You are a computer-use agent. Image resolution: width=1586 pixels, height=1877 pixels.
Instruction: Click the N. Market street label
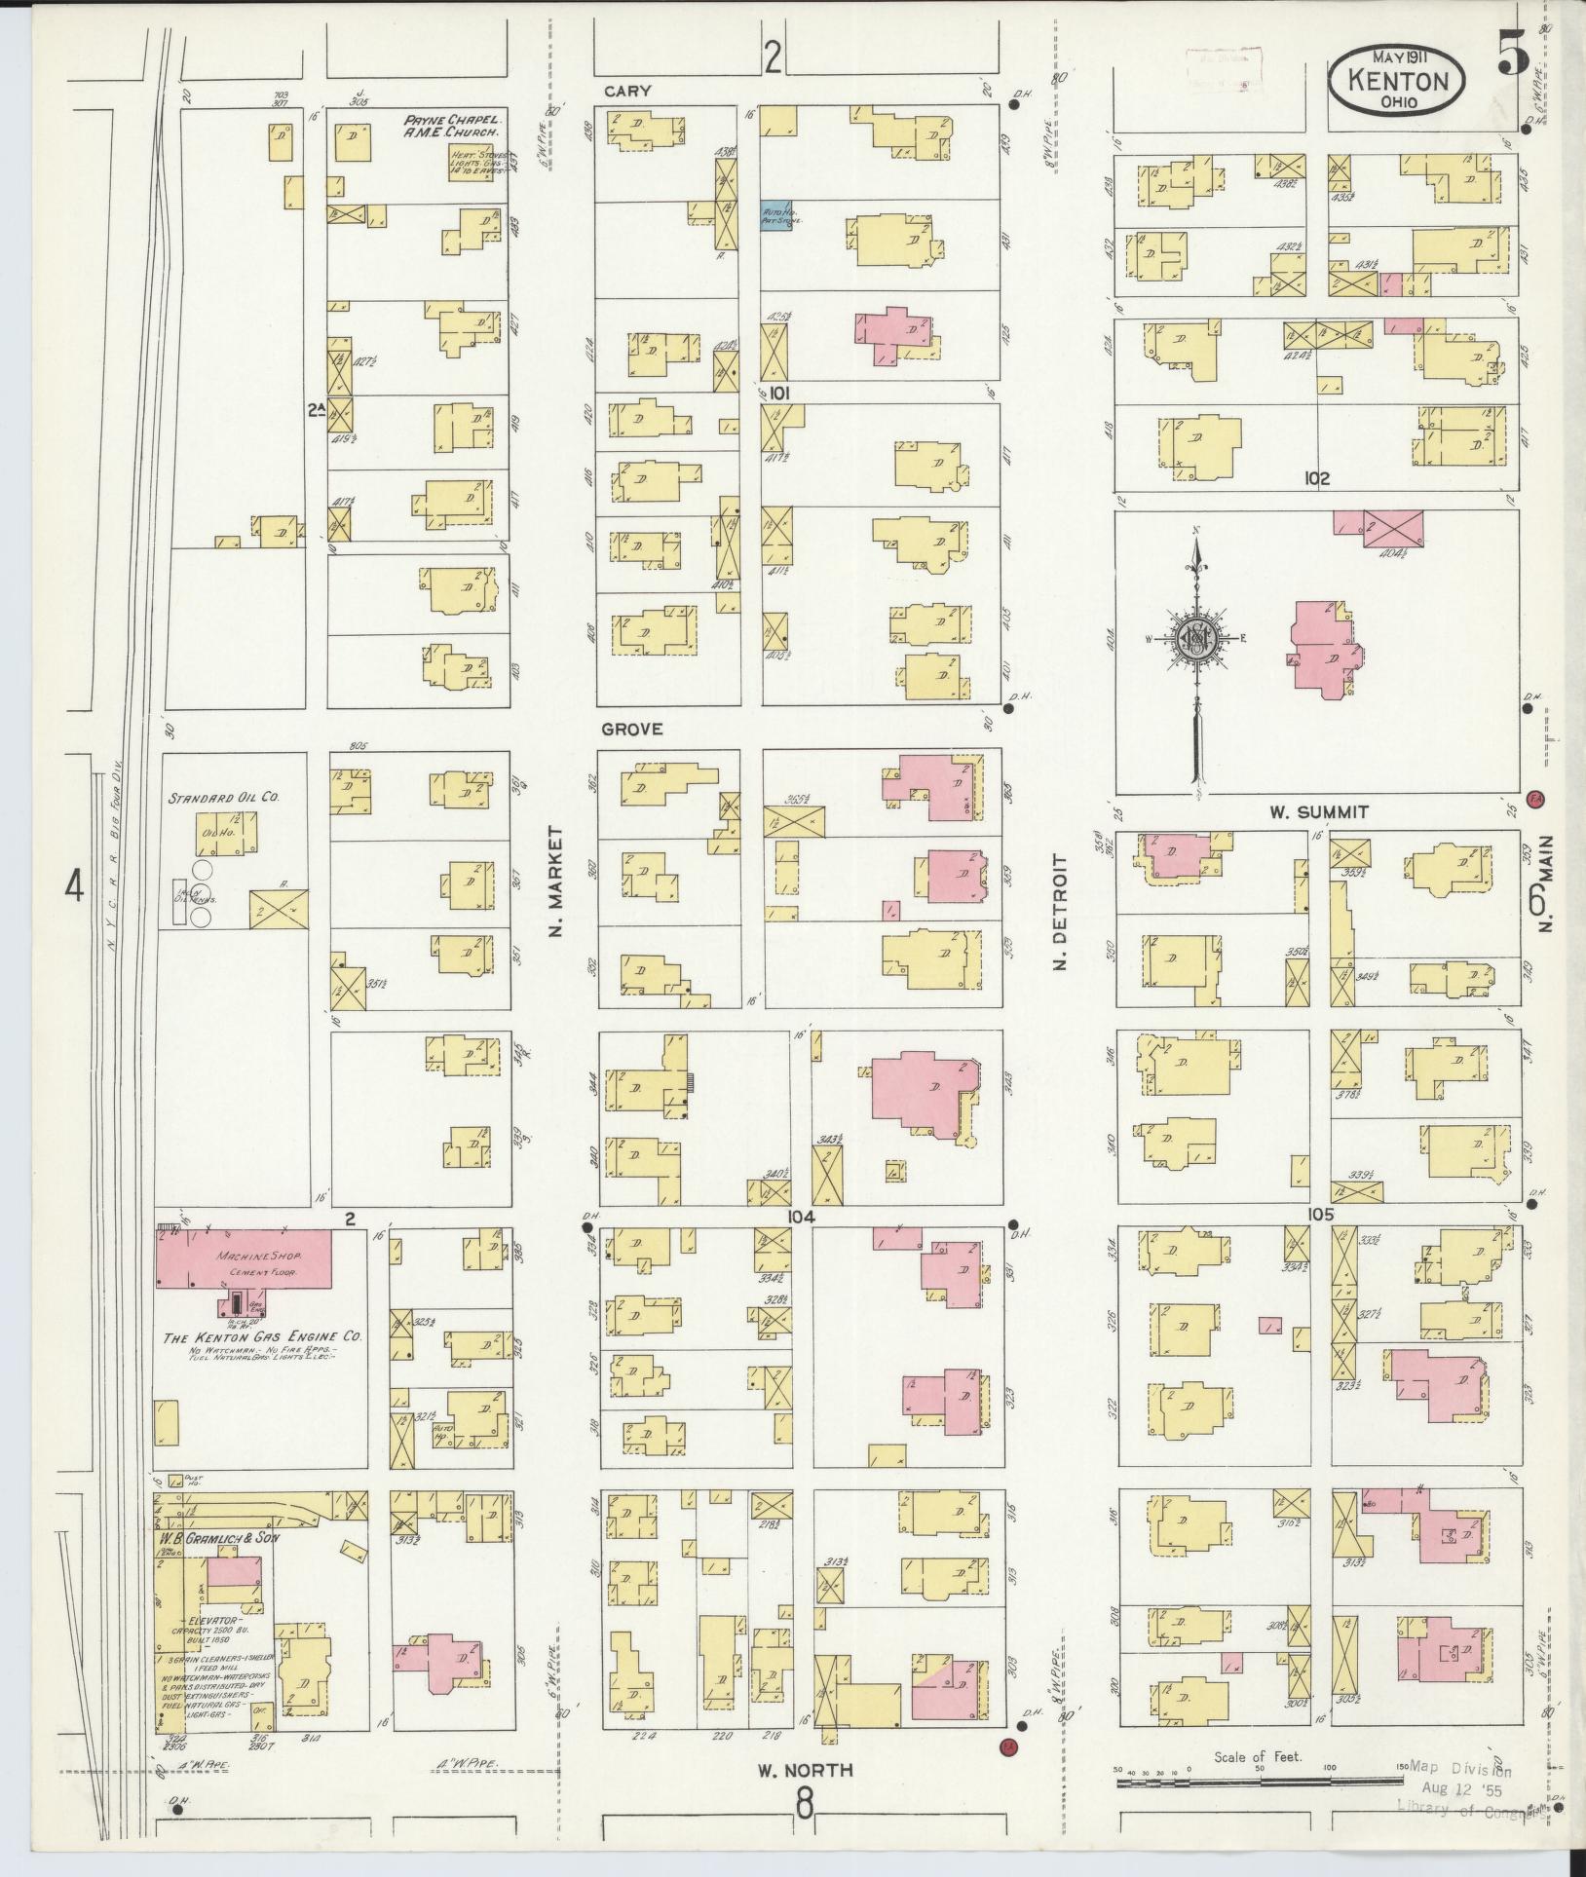tap(556, 882)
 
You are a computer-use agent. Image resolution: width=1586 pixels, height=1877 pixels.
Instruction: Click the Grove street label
tap(631, 729)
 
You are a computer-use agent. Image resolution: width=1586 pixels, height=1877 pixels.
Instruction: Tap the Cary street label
tap(626, 91)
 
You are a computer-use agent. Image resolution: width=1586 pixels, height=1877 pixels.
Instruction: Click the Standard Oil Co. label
tap(224, 797)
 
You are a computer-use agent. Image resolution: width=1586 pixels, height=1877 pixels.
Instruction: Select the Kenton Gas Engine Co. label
tap(263, 1338)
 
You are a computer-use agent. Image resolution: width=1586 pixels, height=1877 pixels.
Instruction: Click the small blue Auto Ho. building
tap(775, 216)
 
